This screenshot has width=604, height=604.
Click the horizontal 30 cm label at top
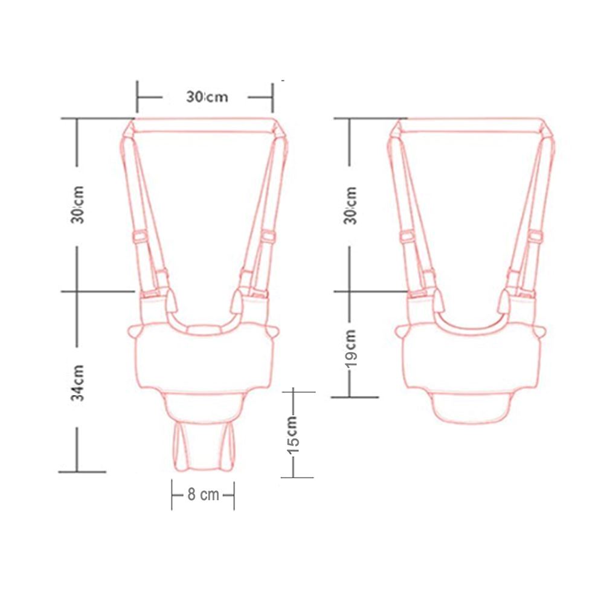click(x=207, y=97)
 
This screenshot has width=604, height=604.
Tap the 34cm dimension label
click(x=77, y=383)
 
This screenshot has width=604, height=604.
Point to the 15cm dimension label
click(x=293, y=434)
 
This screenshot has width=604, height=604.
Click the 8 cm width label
click(x=203, y=494)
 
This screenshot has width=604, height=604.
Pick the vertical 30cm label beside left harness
click(x=77, y=205)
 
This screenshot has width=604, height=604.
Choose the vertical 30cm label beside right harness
click(x=351, y=205)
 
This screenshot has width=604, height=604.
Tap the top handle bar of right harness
click(x=473, y=125)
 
